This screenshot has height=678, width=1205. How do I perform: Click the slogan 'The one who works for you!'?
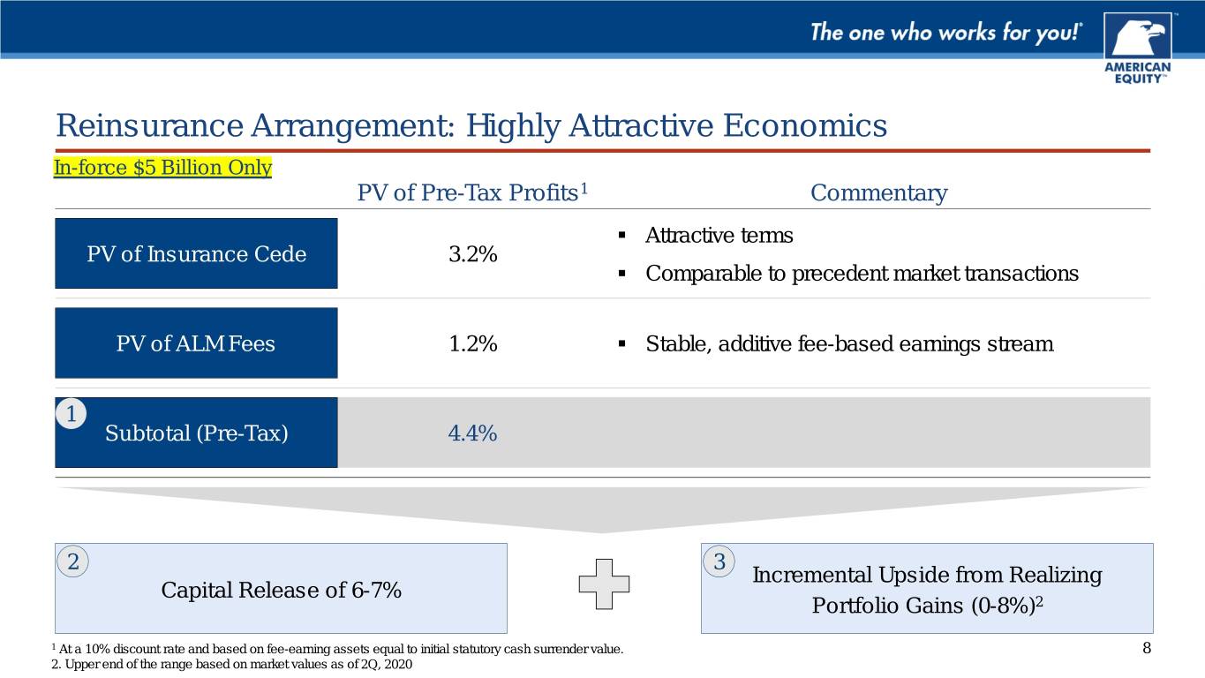click(946, 34)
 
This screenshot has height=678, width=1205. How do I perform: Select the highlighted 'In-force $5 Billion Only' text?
click(163, 168)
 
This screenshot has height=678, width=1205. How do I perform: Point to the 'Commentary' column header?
click(878, 192)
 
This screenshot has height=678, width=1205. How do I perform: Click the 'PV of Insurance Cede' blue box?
click(196, 254)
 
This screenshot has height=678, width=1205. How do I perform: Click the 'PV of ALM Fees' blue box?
click(196, 343)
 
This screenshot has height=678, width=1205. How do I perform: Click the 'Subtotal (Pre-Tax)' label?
click(196, 433)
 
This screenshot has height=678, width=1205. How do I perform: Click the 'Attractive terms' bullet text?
click(719, 236)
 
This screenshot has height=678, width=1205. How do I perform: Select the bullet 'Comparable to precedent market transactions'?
click(862, 274)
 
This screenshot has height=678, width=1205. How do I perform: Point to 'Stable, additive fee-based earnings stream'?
click(849, 344)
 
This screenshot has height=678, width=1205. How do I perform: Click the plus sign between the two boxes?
click(604, 584)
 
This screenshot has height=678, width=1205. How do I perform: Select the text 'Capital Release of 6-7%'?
click(281, 590)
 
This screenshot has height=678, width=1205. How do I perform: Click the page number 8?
click(1146, 649)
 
